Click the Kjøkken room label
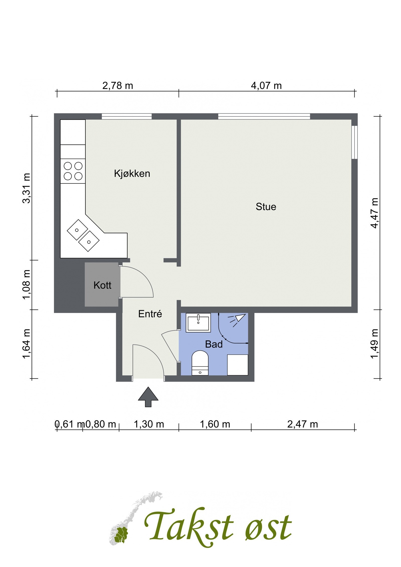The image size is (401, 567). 132,174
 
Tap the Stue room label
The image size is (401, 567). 266,207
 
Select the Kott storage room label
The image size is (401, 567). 102,285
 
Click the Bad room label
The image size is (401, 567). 214,345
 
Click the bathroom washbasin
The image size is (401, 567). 198,322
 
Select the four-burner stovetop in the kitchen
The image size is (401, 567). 73,171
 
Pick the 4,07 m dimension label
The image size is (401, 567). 266,86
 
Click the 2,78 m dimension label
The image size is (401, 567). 118,86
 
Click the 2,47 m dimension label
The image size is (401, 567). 303,424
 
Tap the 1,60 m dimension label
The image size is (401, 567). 215,424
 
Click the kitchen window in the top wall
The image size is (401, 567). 127,116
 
